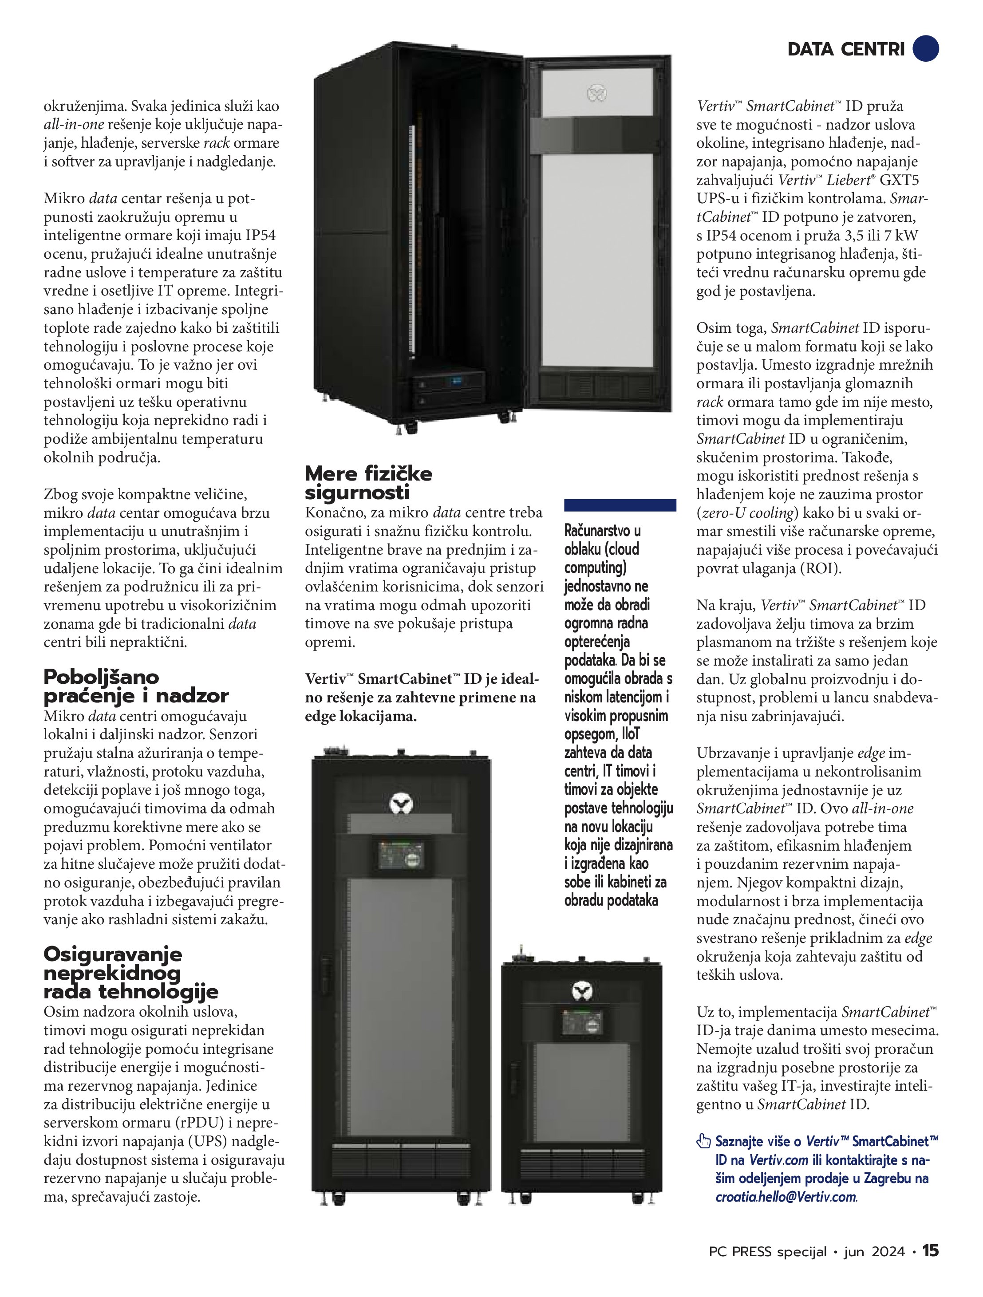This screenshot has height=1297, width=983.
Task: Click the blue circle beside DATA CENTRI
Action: [925, 49]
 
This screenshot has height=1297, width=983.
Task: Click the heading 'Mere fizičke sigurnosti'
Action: [368, 483]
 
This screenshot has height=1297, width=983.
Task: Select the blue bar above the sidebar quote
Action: [620, 505]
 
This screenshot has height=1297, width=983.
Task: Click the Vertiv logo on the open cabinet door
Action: [597, 93]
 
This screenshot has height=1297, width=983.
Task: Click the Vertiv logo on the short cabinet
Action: [582, 992]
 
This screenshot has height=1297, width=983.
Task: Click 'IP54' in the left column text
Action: [261, 236]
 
